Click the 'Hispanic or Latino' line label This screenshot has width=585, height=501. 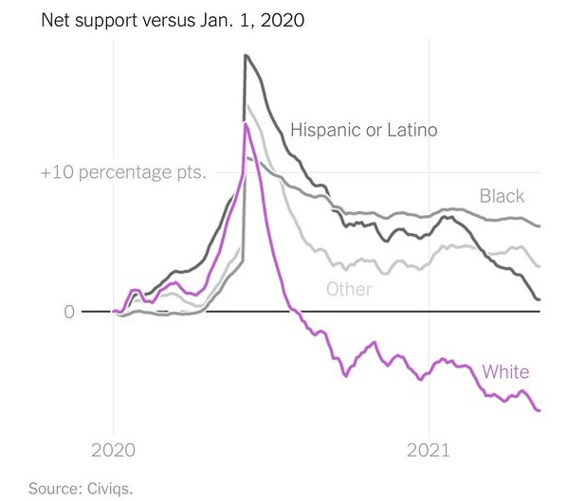[x=364, y=130]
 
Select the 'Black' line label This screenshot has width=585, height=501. [x=502, y=196]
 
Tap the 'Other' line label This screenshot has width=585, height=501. [x=349, y=289]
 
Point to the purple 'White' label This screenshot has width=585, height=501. [x=505, y=371]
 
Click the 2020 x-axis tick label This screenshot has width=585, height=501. [x=114, y=451]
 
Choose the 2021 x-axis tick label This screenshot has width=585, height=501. [x=430, y=451]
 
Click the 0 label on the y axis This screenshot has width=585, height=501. [x=69, y=312]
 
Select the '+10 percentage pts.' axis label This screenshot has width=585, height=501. [x=123, y=174]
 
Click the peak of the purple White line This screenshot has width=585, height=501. [x=246, y=123]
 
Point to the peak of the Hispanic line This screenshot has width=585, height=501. [x=246, y=56]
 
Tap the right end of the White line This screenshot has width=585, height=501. [x=539, y=410]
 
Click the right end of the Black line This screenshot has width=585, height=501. [x=539, y=226]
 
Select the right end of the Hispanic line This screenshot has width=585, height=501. [x=539, y=300]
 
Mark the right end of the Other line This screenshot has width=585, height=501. [x=539, y=266]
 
